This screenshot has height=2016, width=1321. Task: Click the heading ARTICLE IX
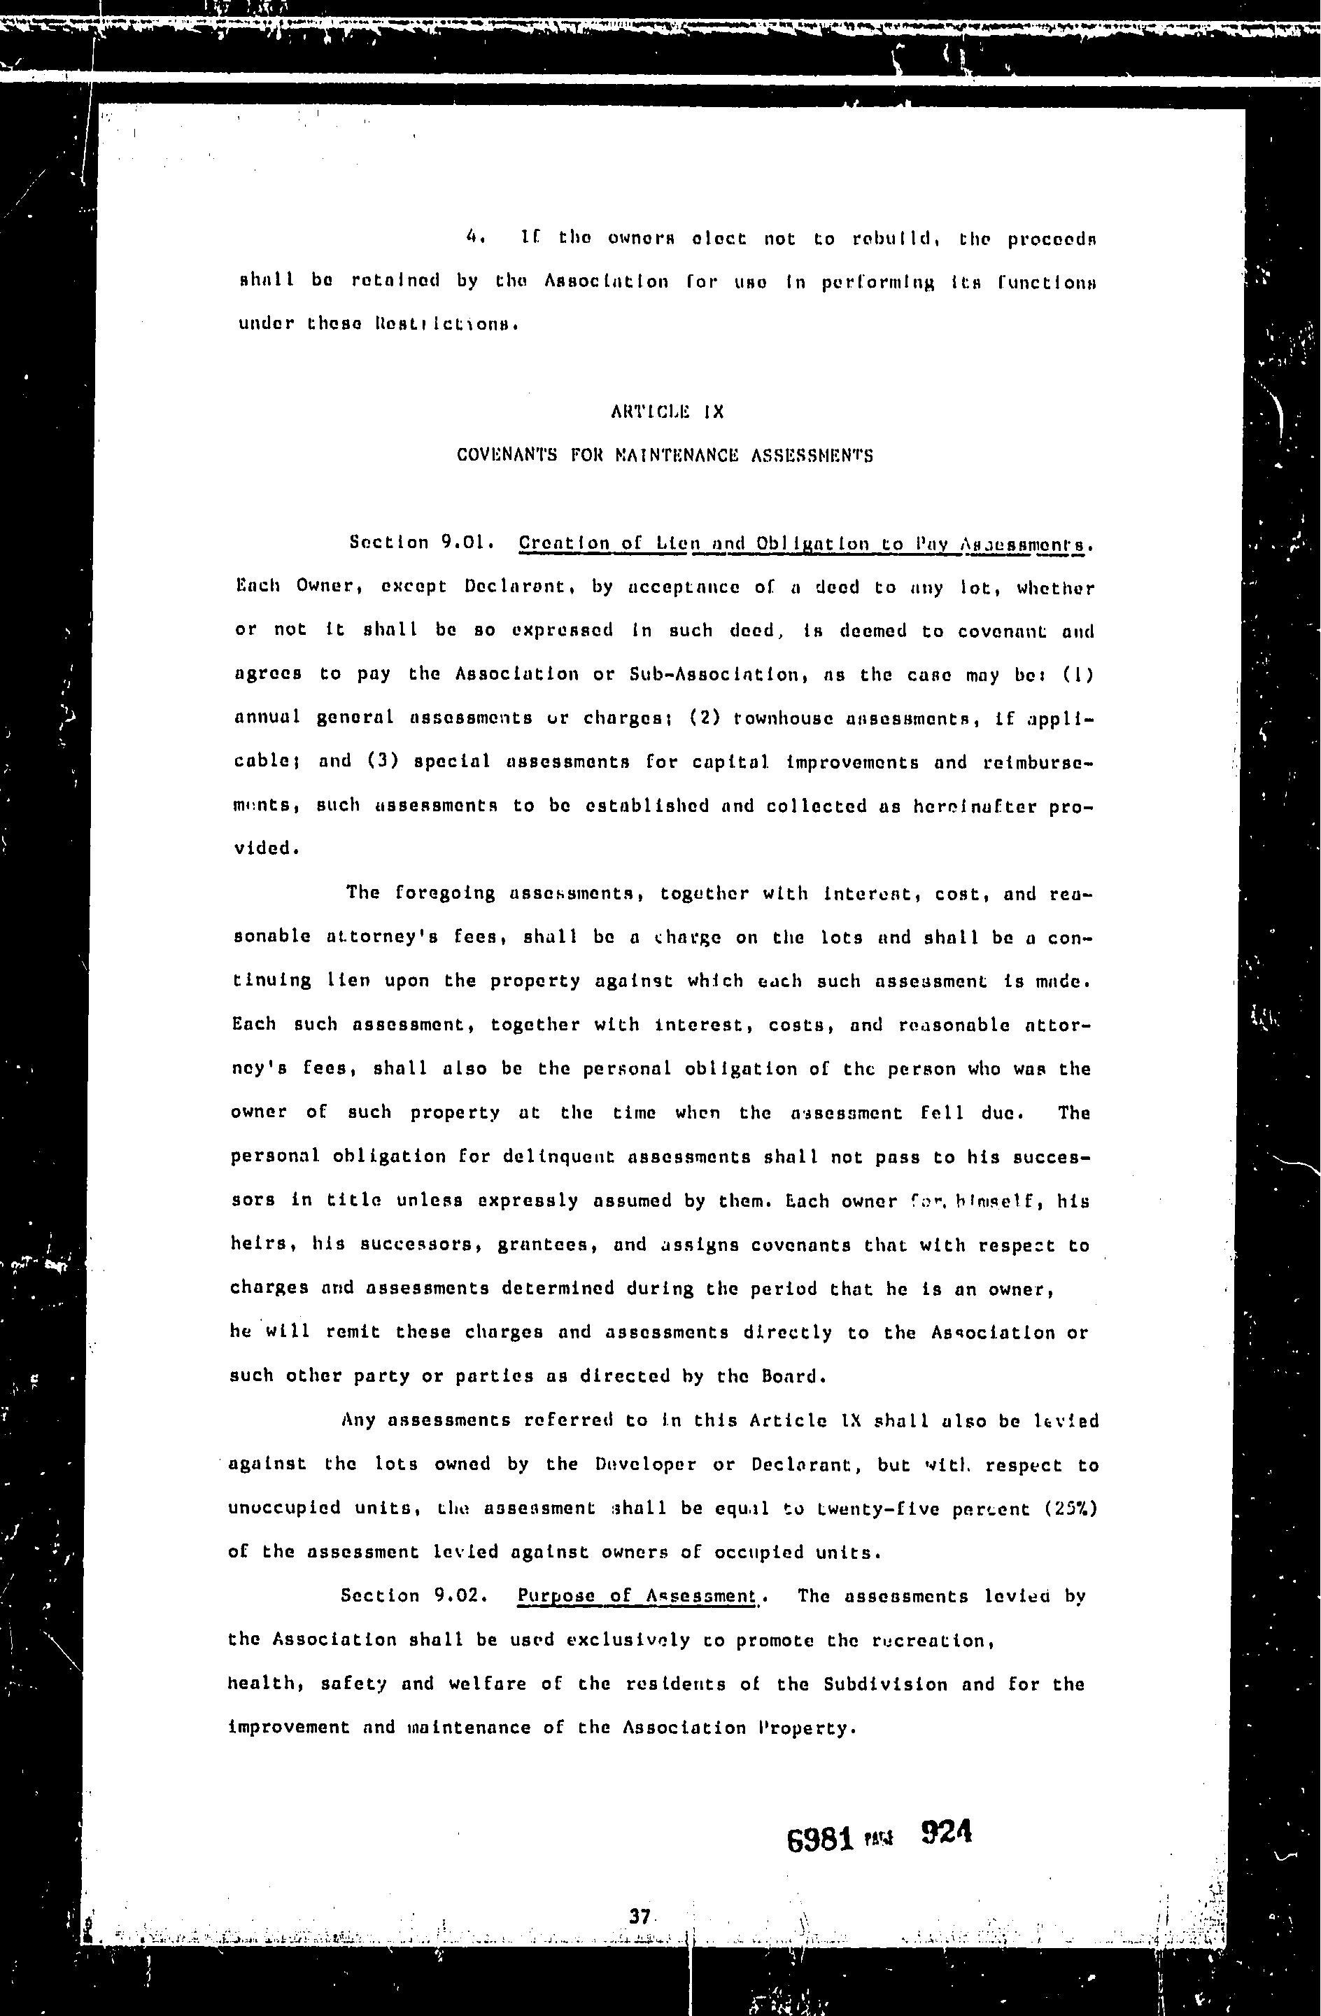(666, 412)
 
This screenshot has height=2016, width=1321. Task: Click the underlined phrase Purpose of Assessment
(637, 1596)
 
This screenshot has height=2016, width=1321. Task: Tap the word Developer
(646, 1464)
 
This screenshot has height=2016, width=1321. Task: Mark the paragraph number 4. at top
(475, 238)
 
